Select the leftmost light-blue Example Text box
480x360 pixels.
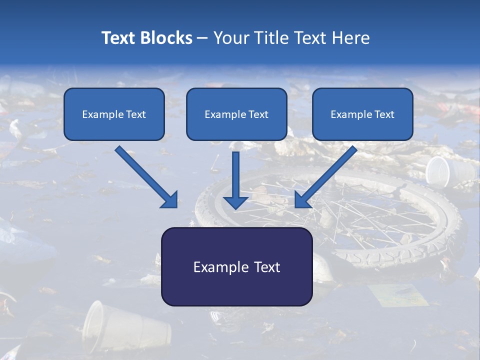(x=114, y=114)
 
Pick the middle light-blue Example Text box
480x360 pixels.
(x=236, y=114)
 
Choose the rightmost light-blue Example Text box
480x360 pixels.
(x=362, y=114)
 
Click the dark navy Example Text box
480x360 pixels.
(x=236, y=266)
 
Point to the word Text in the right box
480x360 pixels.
(x=384, y=114)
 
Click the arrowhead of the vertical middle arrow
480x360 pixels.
(x=235, y=202)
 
